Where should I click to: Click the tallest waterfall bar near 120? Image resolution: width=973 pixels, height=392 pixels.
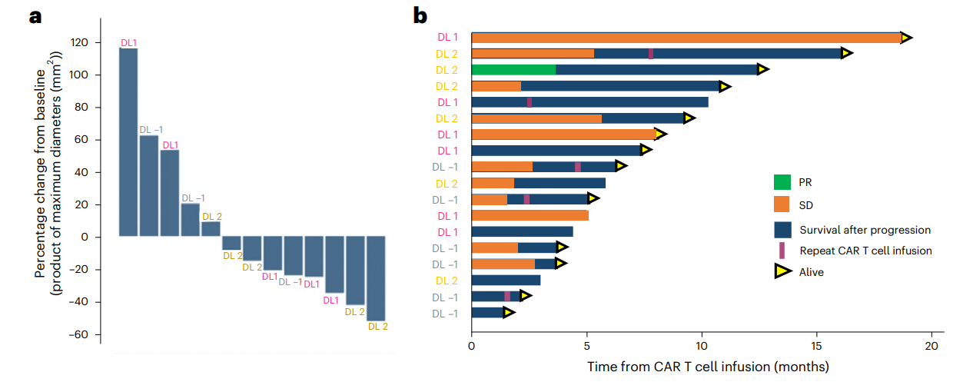click(x=128, y=142)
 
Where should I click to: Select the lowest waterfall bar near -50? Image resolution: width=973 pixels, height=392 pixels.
click(x=376, y=278)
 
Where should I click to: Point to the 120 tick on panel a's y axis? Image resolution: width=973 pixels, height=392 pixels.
click(x=101, y=43)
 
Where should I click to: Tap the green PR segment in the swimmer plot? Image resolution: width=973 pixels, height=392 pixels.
click(x=513, y=70)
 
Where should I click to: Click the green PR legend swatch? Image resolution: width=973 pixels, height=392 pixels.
click(x=782, y=183)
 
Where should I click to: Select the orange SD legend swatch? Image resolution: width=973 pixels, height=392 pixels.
click(x=782, y=205)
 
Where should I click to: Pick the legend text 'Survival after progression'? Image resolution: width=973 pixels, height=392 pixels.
click(x=865, y=230)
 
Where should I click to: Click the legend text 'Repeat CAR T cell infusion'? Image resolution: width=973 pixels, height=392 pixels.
click(x=866, y=251)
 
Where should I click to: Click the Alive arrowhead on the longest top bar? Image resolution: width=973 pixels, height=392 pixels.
click(x=907, y=38)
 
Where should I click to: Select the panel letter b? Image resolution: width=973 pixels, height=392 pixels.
click(x=420, y=15)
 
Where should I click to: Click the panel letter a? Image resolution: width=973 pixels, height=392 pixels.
click(x=35, y=16)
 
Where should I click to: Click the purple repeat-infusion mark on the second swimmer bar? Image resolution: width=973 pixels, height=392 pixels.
click(x=651, y=54)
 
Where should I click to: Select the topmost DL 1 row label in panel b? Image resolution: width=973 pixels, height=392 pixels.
click(x=447, y=37)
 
